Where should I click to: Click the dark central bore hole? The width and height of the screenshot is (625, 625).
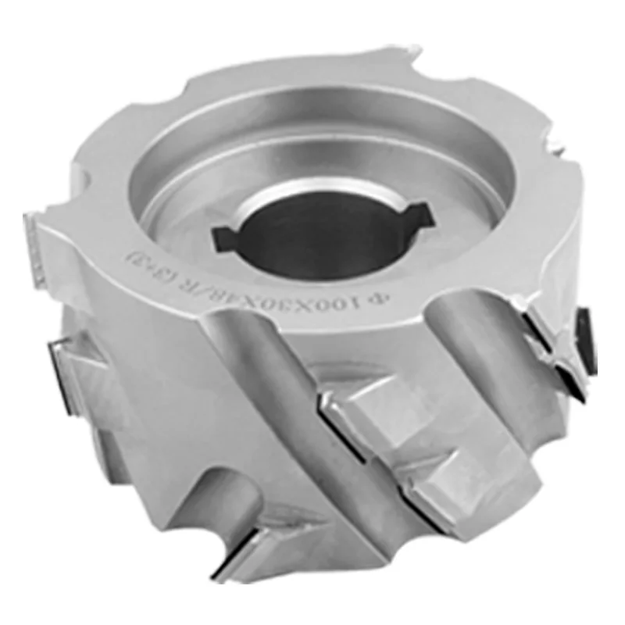(320, 234)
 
